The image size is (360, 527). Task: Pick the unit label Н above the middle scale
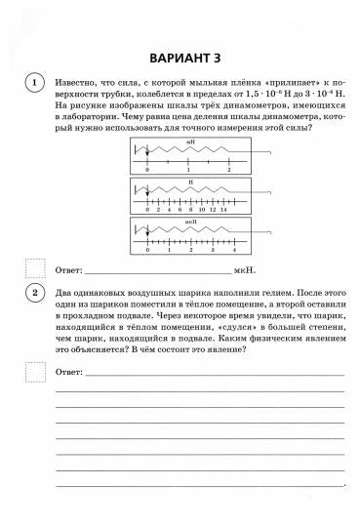point(190,182)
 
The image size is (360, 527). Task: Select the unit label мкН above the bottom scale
point(191,222)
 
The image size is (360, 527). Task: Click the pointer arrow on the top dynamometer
point(147,154)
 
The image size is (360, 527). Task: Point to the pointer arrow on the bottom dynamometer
point(147,233)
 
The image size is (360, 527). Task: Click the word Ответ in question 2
point(69,372)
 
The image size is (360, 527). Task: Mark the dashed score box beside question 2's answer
point(34,372)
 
